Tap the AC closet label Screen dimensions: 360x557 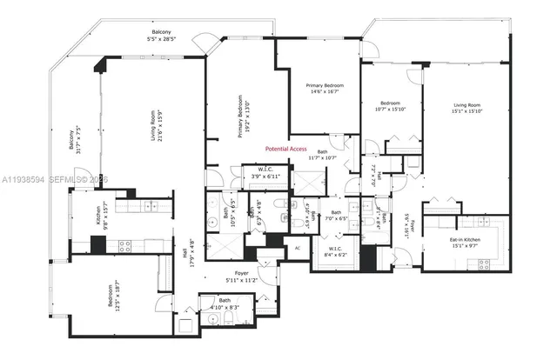click(x=296, y=247)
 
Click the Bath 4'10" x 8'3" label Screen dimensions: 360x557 click(x=219, y=303)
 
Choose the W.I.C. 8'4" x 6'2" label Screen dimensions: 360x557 click(x=335, y=252)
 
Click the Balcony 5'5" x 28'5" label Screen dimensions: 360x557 click(x=162, y=36)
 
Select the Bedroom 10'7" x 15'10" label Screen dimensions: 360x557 click(x=392, y=105)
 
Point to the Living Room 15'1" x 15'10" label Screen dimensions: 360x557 click(x=467, y=105)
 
